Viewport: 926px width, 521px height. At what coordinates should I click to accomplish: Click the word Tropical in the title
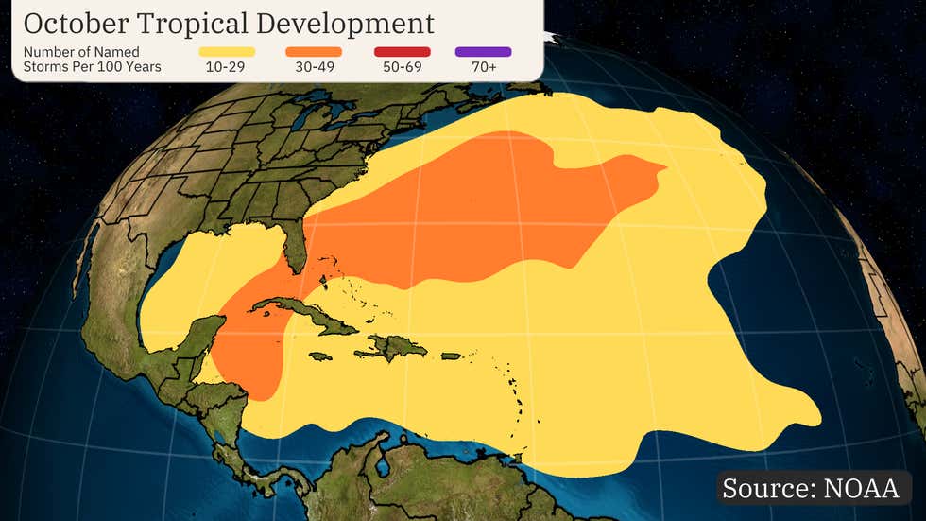211,24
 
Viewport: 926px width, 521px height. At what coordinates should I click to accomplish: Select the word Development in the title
358,24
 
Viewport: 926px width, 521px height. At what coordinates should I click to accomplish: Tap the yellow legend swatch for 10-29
227,51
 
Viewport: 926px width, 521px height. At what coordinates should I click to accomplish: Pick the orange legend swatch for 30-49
313,51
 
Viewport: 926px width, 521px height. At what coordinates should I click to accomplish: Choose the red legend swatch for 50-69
402,51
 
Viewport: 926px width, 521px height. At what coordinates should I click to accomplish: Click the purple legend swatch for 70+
482,51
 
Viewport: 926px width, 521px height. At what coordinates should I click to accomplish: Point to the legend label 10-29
227,66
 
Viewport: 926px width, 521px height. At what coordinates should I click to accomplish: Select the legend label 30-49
313,66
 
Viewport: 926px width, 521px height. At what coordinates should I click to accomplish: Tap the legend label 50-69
402,66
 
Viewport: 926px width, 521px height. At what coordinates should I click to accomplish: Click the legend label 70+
482,66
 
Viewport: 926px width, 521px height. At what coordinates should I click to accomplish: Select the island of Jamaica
322,356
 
